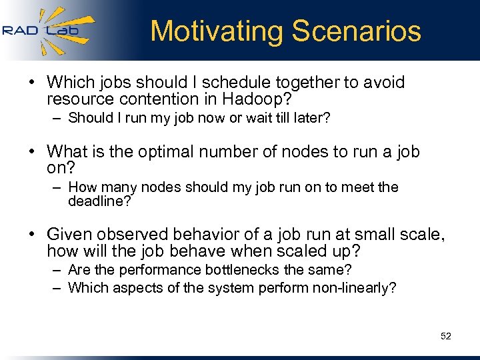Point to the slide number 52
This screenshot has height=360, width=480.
tap(446, 336)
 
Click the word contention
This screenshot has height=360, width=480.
tap(159, 100)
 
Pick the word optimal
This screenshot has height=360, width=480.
tap(168, 152)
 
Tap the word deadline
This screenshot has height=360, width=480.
tap(97, 201)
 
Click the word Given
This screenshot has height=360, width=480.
tap(67, 234)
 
